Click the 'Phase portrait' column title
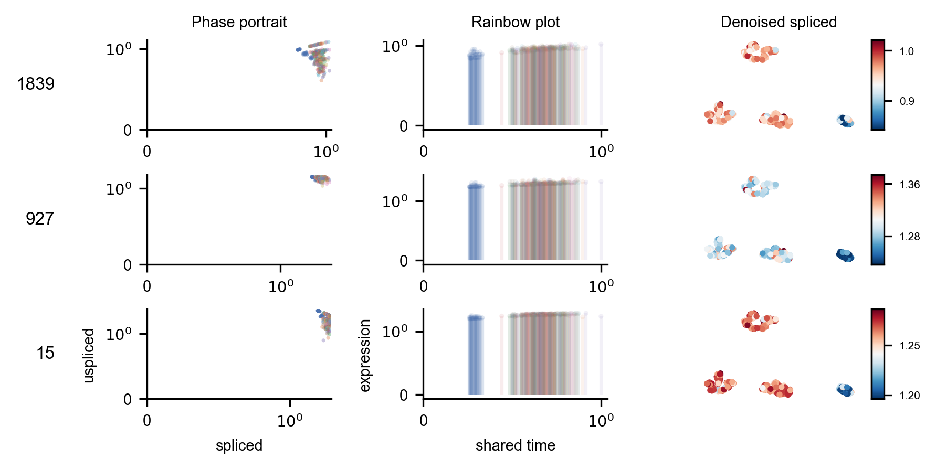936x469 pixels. [x=239, y=22]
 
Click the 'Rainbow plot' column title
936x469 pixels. [x=515, y=22]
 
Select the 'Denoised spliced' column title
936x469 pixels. [x=779, y=22]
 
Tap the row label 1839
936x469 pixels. [x=36, y=84]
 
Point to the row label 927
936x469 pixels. [x=40, y=219]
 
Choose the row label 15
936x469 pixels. [x=46, y=353]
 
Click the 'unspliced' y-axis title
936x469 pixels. [x=89, y=355]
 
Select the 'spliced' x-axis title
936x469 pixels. [x=239, y=445]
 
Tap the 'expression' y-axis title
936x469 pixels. [x=365, y=355]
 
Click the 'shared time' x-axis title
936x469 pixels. [x=515, y=445]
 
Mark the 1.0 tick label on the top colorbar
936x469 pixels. [x=907, y=51]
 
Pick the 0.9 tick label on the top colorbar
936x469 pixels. [x=907, y=101]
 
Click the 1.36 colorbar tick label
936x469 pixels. [x=909, y=185]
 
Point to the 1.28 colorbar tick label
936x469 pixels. [x=909, y=237]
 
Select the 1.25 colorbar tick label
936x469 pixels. [x=909, y=346]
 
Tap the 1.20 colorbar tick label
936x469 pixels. [x=909, y=396]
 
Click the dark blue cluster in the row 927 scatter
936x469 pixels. [x=845, y=255]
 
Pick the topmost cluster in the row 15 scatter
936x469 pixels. [x=758, y=321]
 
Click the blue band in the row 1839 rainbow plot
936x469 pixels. [x=475, y=89]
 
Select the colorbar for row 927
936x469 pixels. [x=878, y=219]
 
